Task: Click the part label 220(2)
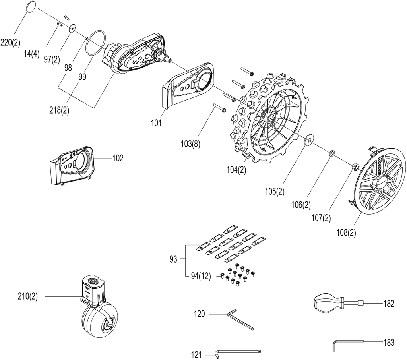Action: click(x=10, y=42)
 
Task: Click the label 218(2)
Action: click(x=59, y=110)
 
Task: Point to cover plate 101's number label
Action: click(x=156, y=122)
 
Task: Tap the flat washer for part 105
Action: click(x=309, y=140)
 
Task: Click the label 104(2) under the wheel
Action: click(x=236, y=170)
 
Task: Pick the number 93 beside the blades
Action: click(x=173, y=259)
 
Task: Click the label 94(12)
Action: click(x=201, y=276)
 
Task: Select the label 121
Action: click(x=196, y=354)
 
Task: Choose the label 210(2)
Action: click(x=28, y=296)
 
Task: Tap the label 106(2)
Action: click(x=301, y=205)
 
